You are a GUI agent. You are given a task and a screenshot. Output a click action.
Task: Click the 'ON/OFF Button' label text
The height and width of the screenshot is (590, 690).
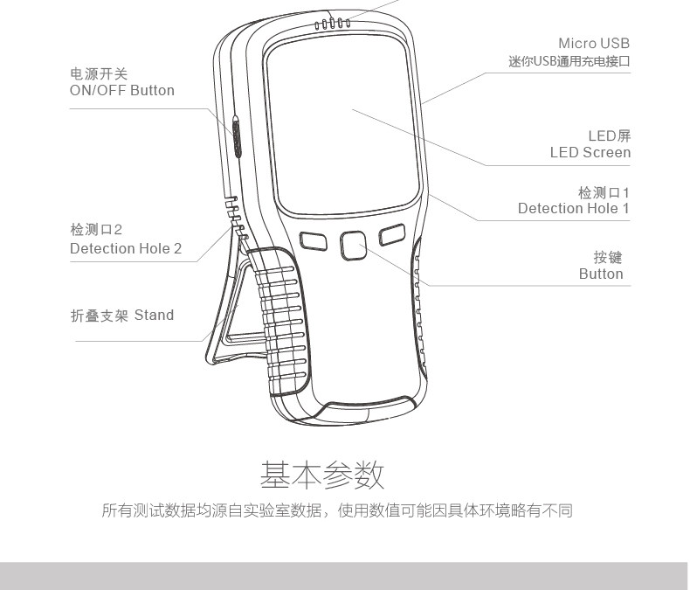click(x=121, y=91)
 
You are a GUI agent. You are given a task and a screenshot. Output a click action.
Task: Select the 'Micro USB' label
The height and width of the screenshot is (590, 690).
click(x=593, y=44)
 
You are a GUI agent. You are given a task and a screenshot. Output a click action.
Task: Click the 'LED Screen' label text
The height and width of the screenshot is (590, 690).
click(x=590, y=153)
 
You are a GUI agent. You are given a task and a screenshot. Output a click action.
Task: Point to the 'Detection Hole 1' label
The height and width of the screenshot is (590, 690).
click(x=573, y=209)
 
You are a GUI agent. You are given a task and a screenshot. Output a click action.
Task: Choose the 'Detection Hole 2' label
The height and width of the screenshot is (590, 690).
click(x=126, y=249)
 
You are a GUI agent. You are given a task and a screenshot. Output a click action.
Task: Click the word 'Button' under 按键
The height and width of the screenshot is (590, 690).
click(x=601, y=274)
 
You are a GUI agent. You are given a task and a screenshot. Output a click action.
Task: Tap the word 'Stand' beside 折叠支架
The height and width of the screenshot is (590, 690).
click(x=154, y=316)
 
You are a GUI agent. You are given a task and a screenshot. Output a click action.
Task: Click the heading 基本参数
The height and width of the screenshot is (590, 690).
click(x=322, y=476)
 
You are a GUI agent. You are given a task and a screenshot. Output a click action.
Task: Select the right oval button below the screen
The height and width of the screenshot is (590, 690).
click(x=392, y=234)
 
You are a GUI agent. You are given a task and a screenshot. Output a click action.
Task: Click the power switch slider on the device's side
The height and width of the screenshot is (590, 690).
click(x=237, y=135)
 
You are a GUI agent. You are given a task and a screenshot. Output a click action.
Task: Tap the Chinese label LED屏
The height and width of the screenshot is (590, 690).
click(x=609, y=136)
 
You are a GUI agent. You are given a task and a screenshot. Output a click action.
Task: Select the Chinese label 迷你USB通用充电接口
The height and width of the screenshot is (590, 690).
click(x=569, y=62)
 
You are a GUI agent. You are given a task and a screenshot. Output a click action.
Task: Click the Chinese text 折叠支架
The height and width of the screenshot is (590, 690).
click(x=99, y=316)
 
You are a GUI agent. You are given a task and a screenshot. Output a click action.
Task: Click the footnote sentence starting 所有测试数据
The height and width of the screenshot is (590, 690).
click(x=336, y=510)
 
